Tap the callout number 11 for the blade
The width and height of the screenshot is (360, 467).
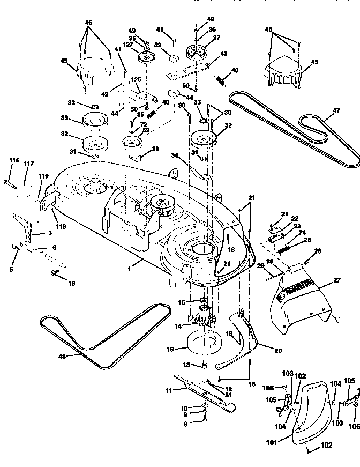click(x=168, y=390)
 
